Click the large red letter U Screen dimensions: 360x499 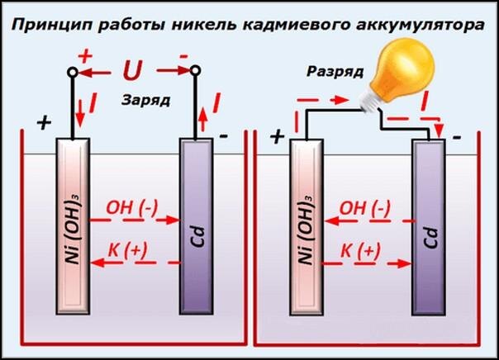pyautogui.click(x=131, y=72)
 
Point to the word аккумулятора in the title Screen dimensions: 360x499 pyautogui.click(x=419, y=26)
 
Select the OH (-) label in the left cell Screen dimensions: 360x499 pyautogui.click(x=132, y=207)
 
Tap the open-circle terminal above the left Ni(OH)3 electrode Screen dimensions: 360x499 pyautogui.click(x=73, y=73)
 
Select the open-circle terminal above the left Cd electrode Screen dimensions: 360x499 pyautogui.click(x=196, y=73)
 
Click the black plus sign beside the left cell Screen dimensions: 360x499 pyautogui.click(x=44, y=123)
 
